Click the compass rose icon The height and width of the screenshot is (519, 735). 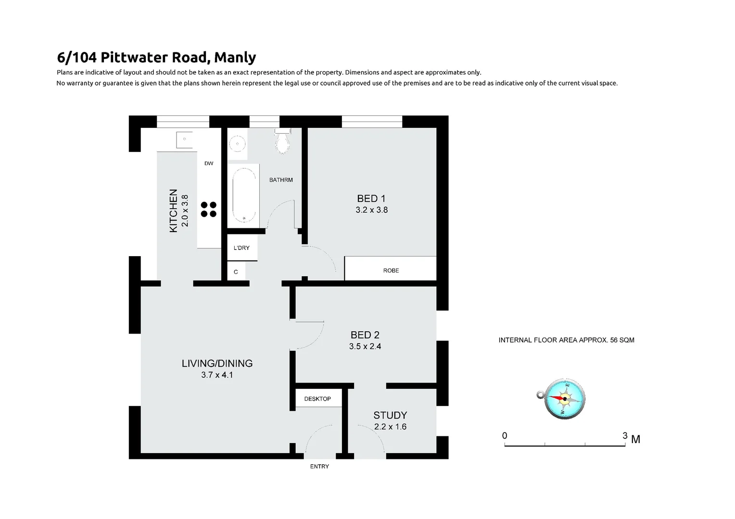pos(564,398)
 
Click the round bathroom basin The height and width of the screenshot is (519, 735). pos(237,143)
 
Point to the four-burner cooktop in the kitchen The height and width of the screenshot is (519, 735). pos(209,209)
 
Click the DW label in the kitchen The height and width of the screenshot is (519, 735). pos(209,163)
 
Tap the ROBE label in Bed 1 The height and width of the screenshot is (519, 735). pos(391,271)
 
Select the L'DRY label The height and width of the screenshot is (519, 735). pos(241,248)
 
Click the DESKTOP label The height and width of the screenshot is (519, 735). pos(317,399)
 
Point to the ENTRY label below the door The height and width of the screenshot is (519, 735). pos(319,467)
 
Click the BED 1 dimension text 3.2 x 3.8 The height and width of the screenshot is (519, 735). pos(371,210)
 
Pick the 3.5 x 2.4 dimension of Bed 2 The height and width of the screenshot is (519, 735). pos(365,346)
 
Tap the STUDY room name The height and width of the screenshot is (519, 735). pos(390,415)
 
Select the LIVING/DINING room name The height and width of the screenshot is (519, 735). pos(217,363)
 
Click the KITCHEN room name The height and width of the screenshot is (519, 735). pos(174,210)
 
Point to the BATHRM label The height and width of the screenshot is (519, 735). pos(281,180)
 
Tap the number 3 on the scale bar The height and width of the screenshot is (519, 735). pos(625,436)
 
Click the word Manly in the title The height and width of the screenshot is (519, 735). pos(235,57)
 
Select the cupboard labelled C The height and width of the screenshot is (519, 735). pos(236,272)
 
